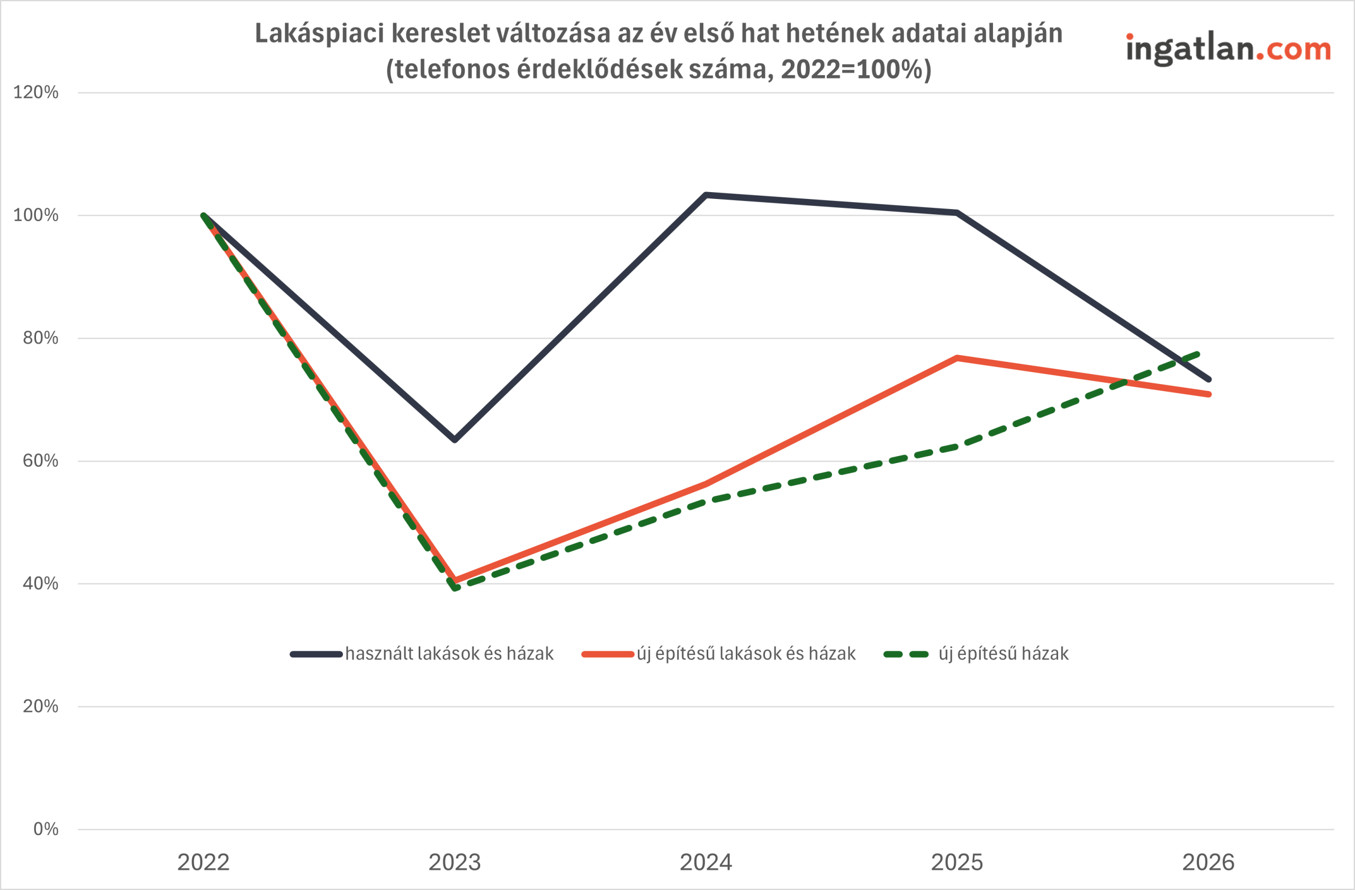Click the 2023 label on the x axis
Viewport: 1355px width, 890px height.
pyautogui.click(x=454, y=862)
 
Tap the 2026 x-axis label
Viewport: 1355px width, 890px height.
pyautogui.click(x=1208, y=862)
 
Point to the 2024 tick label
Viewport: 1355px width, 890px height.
pyautogui.click(x=706, y=862)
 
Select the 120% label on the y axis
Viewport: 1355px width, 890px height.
pyautogui.click(x=36, y=92)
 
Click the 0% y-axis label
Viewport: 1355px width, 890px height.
pyautogui.click(x=46, y=829)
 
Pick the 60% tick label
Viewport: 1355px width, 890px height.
pyautogui.click(x=40, y=461)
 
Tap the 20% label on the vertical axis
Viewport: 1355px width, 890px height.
pyautogui.click(x=40, y=706)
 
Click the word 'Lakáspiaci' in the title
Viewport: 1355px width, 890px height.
pyautogui.click(x=319, y=33)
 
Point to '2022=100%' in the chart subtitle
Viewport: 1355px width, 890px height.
pyautogui.click(x=851, y=69)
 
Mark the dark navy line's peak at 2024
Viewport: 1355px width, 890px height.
pyautogui.click(x=706, y=195)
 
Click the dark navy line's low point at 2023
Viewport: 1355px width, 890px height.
pyautogui.click(x=454, y=440)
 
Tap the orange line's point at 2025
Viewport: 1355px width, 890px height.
pyautogui.click(x=957, y=358)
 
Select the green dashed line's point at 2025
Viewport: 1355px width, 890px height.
pyautogui.click(x=957, y=447)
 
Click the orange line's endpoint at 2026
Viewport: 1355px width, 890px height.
pyautogui.click(x=1208, y=394)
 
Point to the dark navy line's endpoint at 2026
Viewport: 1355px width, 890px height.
pyautogui.click(x=1208, y=379)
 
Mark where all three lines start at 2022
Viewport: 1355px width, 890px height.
pyautogui.click(x=203, y=216)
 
